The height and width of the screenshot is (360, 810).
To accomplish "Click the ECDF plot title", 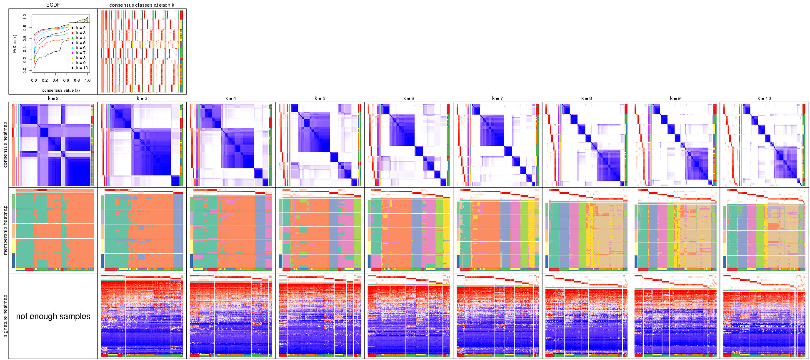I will coord(53,5).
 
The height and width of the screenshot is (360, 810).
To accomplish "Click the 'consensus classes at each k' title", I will coord(142,5).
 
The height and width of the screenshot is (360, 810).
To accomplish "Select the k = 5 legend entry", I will coord(80,43).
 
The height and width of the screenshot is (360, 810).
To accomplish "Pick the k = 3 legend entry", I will coord(80,33).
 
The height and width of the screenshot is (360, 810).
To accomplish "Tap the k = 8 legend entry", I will coord(80,58).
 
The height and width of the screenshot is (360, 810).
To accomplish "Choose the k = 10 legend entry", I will coord(81,68).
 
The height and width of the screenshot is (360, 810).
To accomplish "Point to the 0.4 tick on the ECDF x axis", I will coord(55,80).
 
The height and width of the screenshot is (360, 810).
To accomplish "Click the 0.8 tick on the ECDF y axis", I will coord(25,27).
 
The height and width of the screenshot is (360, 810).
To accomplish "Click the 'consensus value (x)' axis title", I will coord(61,90).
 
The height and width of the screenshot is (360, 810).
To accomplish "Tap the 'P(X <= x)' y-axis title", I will coord(15,44).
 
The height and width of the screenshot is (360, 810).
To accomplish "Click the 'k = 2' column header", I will coord(53,99).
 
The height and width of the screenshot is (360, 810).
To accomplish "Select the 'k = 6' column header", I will coord(409,99).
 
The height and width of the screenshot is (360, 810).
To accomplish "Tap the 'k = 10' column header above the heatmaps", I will coord(764,99).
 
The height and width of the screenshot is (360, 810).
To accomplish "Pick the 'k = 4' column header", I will coord(231,99).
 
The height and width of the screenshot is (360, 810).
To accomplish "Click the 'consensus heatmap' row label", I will coord(5,145).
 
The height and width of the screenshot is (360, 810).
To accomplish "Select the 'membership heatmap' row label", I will coord(5,230).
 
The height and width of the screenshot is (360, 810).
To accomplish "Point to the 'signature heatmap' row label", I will coord(5,315).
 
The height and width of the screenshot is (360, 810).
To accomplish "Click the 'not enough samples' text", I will coord(53,316).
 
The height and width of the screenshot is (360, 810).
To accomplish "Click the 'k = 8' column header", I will coord(586,99).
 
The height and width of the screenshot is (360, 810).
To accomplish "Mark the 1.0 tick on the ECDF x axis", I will coord(87,80).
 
